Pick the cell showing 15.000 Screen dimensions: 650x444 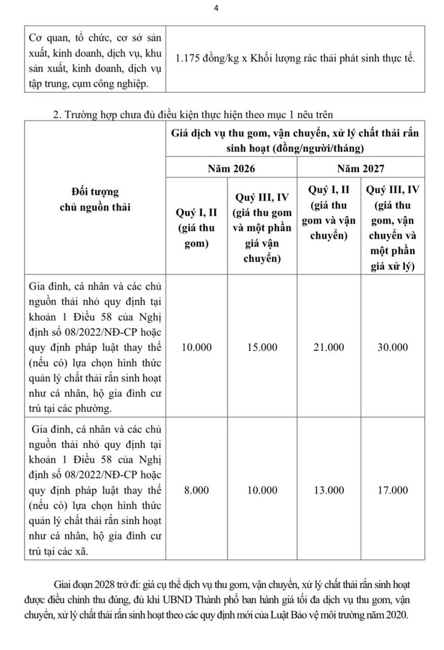pos(262,347)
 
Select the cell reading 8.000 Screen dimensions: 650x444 pos(196,490)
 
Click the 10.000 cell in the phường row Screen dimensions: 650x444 pos(196,347)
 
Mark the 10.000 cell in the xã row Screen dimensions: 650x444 pos(262,490)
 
